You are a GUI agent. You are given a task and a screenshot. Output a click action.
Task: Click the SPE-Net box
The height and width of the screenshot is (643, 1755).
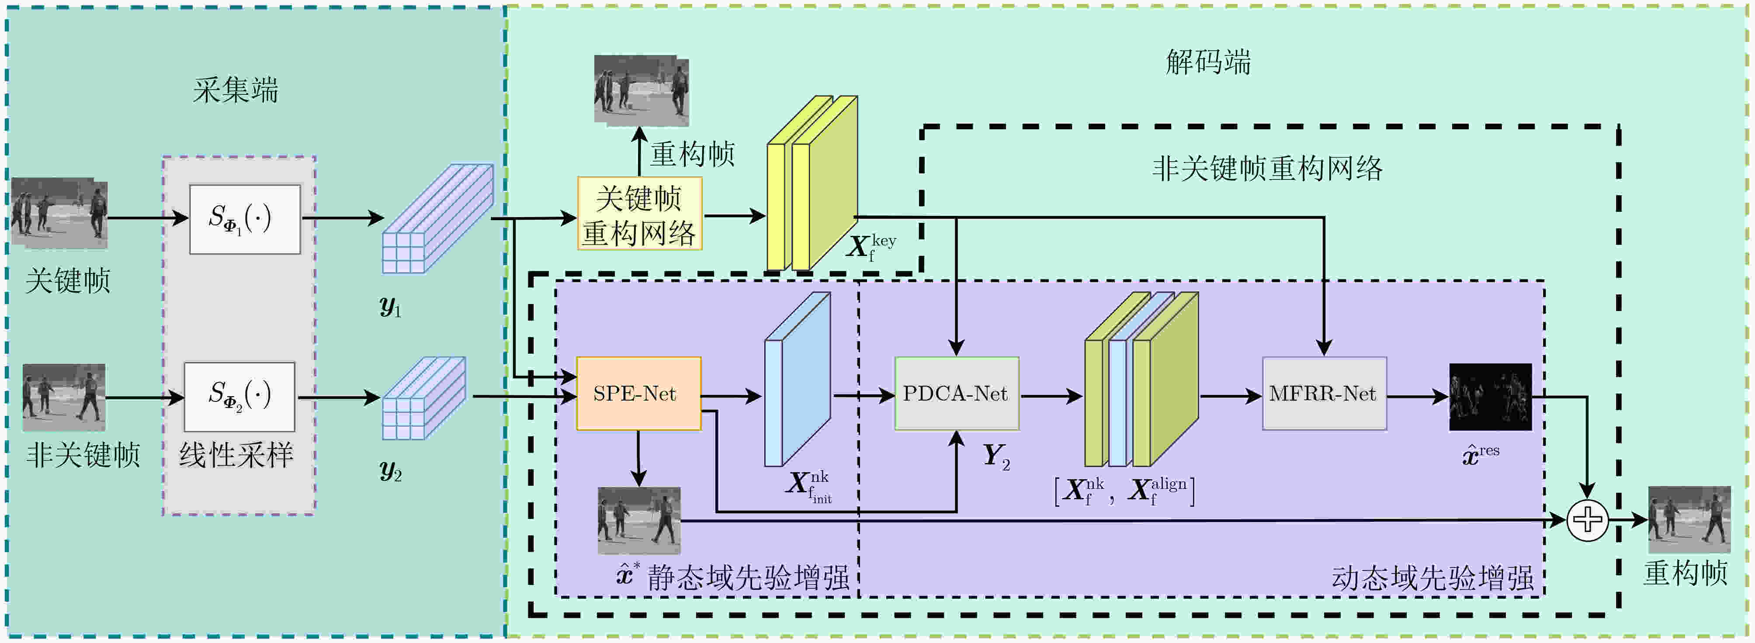coord(638,394)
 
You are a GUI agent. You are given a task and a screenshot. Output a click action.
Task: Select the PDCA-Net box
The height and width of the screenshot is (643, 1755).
coord(957,394)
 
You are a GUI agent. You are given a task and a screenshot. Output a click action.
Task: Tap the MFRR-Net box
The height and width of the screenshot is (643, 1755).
coord(1324,394)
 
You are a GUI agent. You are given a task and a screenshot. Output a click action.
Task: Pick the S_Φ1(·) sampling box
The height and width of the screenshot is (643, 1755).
coord(245,219)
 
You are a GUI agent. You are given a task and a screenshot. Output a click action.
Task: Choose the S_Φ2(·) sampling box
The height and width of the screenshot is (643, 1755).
coord(239,397)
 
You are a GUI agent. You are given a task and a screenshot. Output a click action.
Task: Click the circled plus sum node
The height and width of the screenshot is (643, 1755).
coord(1587,520)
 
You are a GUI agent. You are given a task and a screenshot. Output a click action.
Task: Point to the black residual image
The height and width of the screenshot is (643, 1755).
coord(1490,397)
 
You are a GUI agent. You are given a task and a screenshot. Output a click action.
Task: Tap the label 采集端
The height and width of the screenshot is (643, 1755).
coord(236,90)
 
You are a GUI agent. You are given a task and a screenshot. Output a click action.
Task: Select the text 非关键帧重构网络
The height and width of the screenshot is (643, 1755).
coord(1267,168)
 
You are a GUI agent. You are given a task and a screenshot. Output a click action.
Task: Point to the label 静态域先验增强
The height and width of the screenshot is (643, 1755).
coord(748,577)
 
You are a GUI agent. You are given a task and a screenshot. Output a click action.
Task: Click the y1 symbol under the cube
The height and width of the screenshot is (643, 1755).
coord(390,307)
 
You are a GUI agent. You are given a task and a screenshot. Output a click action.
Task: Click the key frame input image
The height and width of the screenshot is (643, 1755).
coord(59,213)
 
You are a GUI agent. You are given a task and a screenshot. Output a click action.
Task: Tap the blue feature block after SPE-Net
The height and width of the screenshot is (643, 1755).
coord(797,380)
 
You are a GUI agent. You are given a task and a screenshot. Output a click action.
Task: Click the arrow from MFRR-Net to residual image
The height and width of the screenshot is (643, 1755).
coord(1418,397)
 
